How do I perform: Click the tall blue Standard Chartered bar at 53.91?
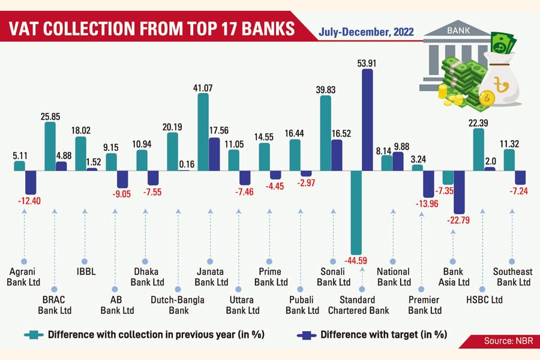point(367,120)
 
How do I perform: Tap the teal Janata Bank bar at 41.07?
point(203,132)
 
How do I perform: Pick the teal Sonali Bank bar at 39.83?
point(326,133)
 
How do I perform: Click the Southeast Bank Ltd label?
point(512,277)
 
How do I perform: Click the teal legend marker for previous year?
point(35,334)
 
